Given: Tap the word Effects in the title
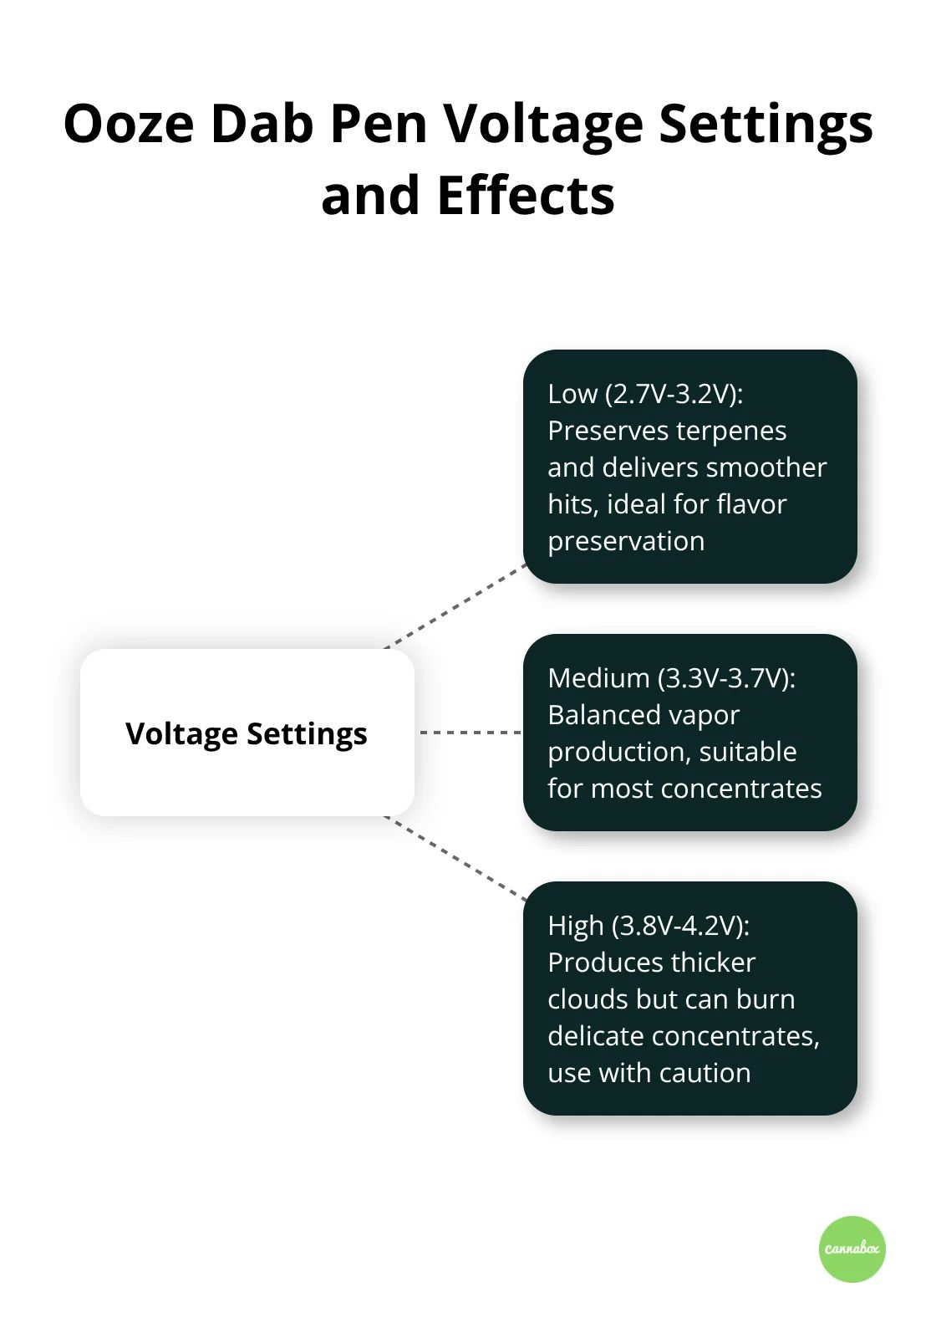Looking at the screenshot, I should [526, 196].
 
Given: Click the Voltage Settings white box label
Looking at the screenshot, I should [247, 733].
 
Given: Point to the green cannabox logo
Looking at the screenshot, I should [852, 1249].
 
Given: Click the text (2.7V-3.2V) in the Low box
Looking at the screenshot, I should [674, 394].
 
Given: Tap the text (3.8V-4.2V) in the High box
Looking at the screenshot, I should [681, 926].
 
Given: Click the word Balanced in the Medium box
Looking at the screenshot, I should [600, 715].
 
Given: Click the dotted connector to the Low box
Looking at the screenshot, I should [455, 607].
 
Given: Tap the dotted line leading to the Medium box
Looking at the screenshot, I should [470, 733].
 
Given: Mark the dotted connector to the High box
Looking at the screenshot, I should [455, 858].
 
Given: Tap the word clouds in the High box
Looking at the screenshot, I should [588, 999].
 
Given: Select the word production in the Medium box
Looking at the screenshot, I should [618, 753].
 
